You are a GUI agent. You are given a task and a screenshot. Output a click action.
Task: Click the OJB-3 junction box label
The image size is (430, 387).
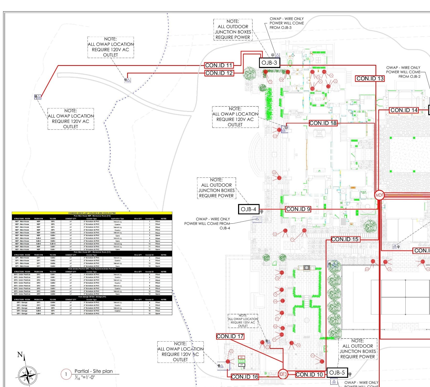[x=269, y=63]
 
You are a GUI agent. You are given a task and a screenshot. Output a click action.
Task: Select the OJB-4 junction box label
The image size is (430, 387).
[x=249, y=209]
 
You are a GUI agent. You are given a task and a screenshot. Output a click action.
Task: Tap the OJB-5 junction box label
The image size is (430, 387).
[x=337, y=373]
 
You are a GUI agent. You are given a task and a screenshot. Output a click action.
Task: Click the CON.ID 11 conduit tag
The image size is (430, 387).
[x=219, y=65]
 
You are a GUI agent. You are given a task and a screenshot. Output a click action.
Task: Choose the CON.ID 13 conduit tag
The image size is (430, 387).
[x=370, y=79]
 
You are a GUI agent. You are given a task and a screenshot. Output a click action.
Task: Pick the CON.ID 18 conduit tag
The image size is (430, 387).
[x=323, y=123]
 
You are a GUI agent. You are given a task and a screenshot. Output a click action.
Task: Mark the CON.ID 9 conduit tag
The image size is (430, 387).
[x=298, y=209]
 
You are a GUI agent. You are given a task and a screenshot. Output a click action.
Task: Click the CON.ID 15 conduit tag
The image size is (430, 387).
[x=345, y=239]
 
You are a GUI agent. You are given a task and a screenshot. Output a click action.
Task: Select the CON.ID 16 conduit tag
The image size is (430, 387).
[x=245, y=377]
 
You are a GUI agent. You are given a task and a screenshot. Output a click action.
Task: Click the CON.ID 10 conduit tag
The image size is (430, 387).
[x=309, y=375]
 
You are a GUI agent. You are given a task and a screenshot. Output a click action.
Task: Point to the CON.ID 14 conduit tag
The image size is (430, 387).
[x=404, y=110]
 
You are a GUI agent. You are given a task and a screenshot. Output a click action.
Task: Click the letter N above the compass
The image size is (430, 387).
[x=20, y=355]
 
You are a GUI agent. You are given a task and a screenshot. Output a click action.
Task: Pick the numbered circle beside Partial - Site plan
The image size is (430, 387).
[x=66, y=374]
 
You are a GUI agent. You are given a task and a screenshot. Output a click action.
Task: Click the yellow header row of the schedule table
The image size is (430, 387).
[x=92, y=213]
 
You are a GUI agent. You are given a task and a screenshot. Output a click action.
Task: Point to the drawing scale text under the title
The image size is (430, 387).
[x=84, y=378]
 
